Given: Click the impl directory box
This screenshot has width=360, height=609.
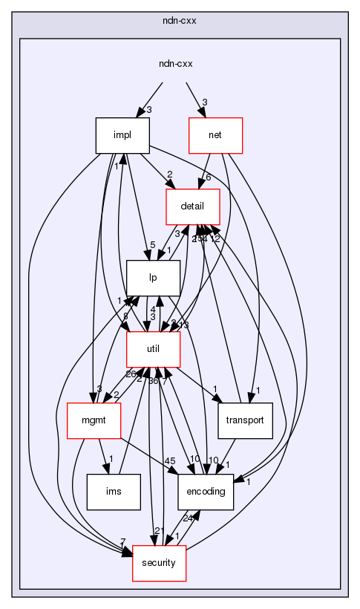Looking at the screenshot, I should (122, 136).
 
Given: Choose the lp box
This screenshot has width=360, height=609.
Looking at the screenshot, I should (153, 279).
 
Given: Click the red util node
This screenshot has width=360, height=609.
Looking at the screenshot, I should (154, 350).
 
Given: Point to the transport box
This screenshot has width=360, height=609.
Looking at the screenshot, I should (246, 421).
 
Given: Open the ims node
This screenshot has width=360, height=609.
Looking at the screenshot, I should (114, 492).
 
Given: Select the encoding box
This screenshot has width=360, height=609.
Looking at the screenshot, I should (207, 492).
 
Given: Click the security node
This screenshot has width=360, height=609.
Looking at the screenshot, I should (159, 563).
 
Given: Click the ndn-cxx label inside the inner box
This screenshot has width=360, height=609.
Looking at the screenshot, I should (176, 64).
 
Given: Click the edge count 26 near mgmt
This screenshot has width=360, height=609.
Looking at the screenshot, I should (110, 373).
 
